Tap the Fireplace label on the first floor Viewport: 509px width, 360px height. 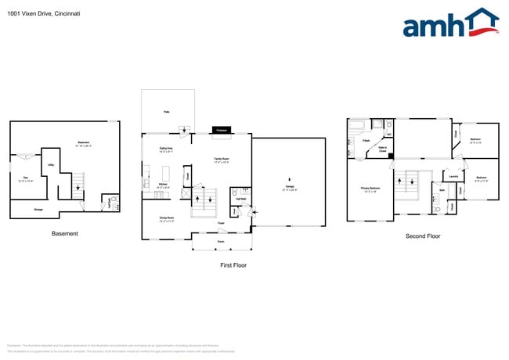221,130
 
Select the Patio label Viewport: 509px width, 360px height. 166,113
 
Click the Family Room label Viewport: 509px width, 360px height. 222,160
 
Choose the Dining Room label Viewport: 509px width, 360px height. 166,219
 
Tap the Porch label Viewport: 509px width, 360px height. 221,240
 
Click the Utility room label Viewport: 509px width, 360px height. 51,165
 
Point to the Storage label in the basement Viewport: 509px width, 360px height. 38,210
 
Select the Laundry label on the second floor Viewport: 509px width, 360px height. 453,177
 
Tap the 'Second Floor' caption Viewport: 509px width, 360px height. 423,236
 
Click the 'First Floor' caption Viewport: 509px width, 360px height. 233,266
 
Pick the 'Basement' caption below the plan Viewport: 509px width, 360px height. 64,233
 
